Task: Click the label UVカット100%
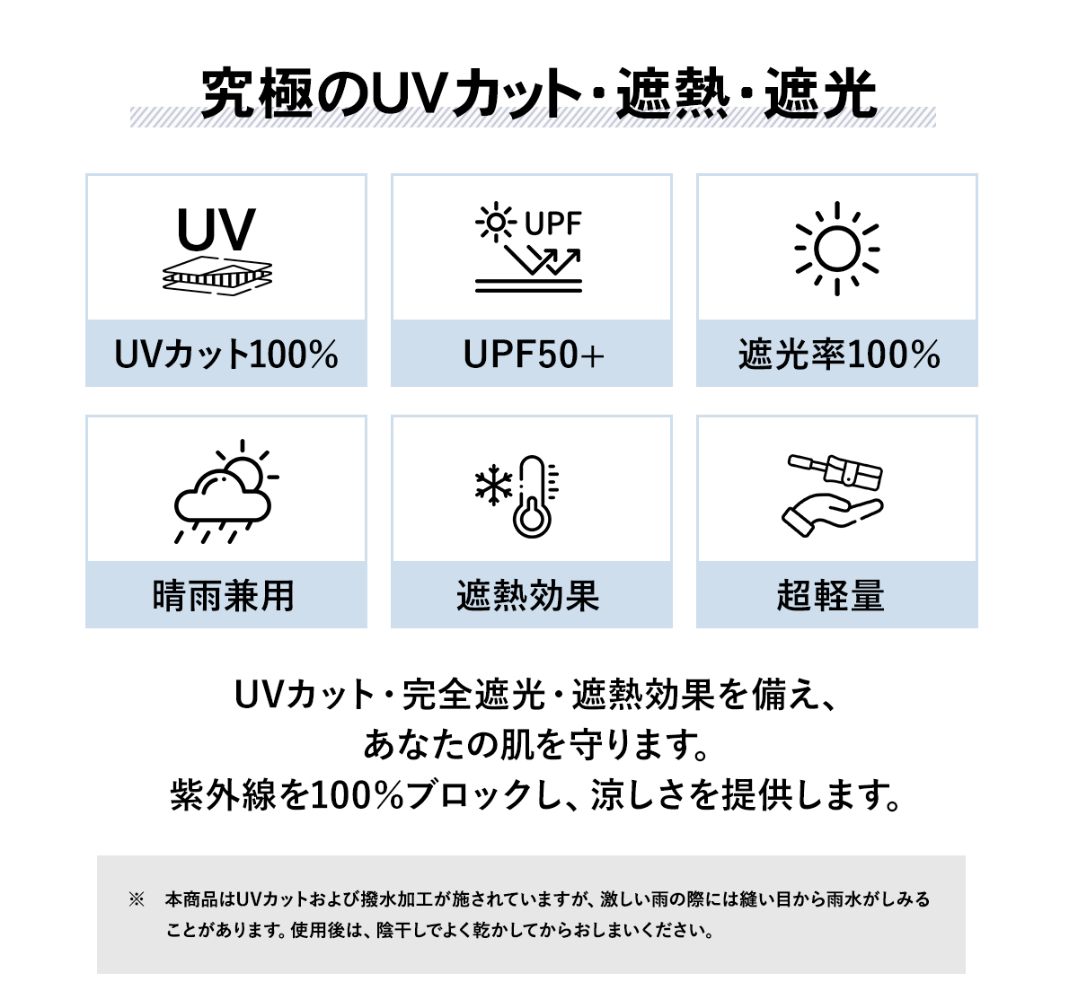pyautogui.click(x=226, y=355)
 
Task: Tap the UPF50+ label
pyautogui.click(x=533, y=355)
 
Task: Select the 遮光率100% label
pyautogui.click(x=839, y=355)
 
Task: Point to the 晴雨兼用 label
pyautogui.click(x=223, y=596)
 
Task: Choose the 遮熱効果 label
pyautogui.click(x=527, y=596)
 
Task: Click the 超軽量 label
pyautogui.click(x=830, y=596)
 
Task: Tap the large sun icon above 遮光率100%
pyautogui.click(x=837, y=249)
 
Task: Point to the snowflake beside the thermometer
pyautogui.click(x=493, y=485)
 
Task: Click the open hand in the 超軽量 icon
pyautogui.click(x=832, y=513)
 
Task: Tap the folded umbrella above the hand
pyautogui.click(x=835, y=470)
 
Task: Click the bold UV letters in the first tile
pyautogui.click(x=216, y=229)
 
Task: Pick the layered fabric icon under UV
pyautogui.click(x=217, y=276)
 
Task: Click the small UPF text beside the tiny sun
pyautogui.click(x=553, y=223)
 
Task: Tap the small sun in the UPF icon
pyautogui.click(x=495, y=222)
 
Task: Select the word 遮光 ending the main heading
pyautogui.click(x=820, y=92)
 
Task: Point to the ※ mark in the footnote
pyautogui.click(x=137, y=899)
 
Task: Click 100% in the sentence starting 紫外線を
pyautogui.click(x=358, y=795)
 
